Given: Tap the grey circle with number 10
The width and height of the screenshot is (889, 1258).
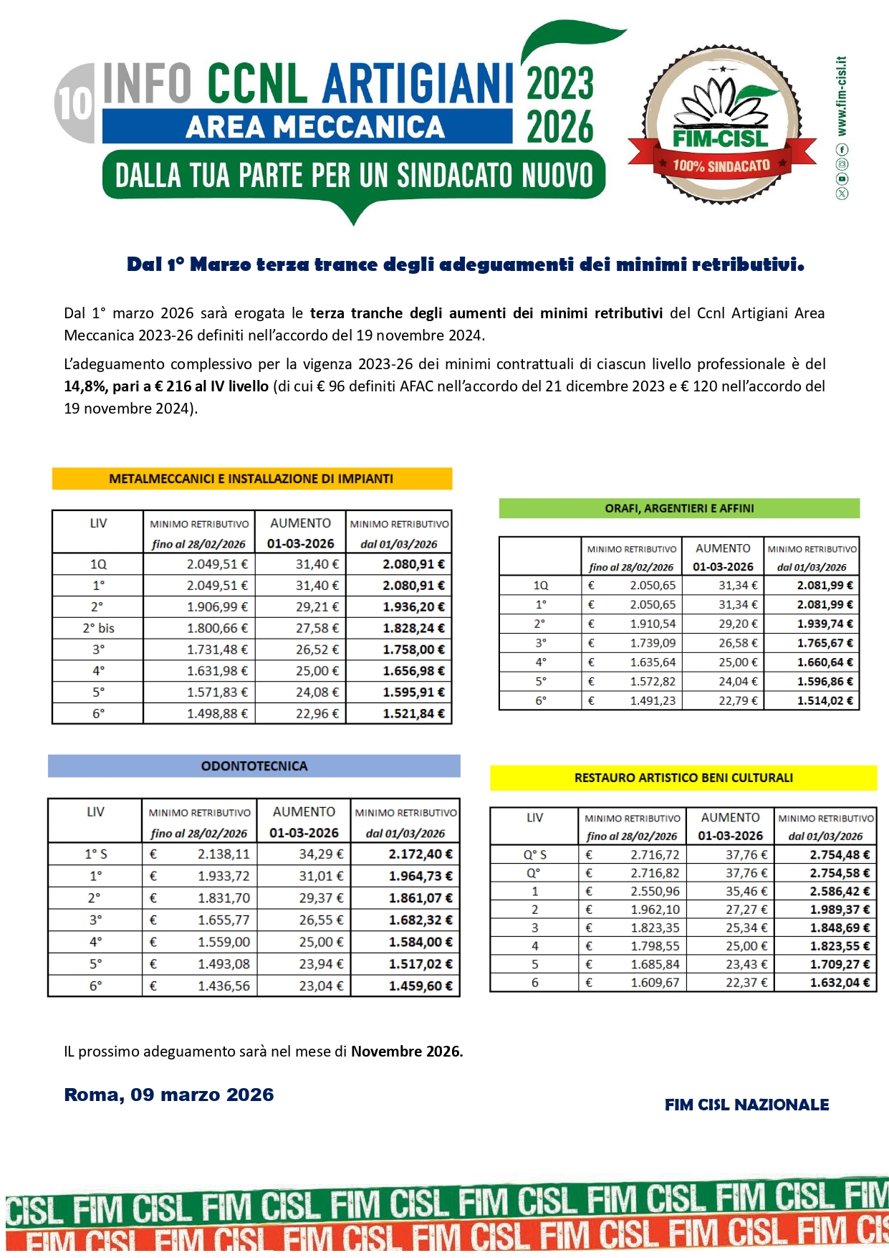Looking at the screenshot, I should click(x=75, y=103).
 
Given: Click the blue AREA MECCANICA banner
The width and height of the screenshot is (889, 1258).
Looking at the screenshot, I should click(x=308, y=127).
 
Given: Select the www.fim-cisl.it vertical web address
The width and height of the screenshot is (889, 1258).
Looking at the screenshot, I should click(x=842, y=97).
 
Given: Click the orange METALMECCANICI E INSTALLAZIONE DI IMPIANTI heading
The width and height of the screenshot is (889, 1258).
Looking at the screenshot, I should click(x=251, y=479).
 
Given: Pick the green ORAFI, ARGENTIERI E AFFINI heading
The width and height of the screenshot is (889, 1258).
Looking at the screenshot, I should click(x=679, y=508).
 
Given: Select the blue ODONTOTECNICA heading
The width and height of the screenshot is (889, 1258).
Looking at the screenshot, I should click(x=254, y=766).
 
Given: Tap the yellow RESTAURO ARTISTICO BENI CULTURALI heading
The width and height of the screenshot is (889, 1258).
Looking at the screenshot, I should click(x=683, y=778).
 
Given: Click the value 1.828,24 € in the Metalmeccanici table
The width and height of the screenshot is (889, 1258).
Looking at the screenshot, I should click(x=413, y=628).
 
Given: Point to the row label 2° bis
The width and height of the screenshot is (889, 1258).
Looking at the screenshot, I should click(x=99, y=628).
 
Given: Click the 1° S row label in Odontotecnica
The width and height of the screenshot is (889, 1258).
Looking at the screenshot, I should click(x=96, y=854).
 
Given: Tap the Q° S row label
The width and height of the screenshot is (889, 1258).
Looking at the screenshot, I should click(x=535, y=855).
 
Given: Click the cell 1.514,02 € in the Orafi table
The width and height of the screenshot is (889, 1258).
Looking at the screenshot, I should click(x=825, y=701).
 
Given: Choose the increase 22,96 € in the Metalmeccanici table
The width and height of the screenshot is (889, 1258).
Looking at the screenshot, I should click(x=317, y=714).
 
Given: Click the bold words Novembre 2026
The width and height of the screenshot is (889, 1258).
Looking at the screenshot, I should click(x=407, y=1052).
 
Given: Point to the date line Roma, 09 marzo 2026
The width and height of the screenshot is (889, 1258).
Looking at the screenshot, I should click(x=169, y=1095).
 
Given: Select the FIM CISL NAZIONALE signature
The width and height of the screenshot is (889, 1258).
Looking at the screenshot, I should click(x=746, y=1105).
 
